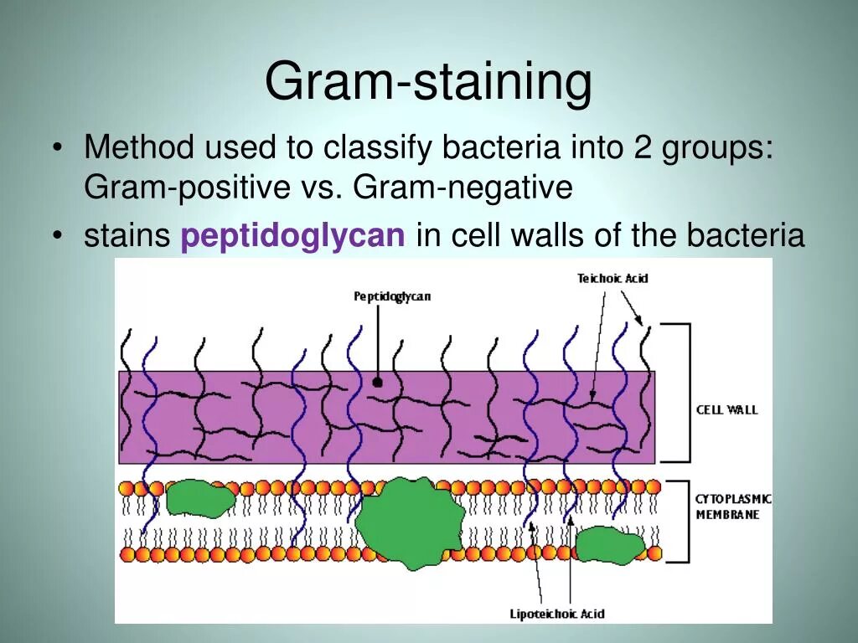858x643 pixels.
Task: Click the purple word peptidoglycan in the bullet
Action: click(x=292, y=236)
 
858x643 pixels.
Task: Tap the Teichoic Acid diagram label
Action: click(x=612, y=278)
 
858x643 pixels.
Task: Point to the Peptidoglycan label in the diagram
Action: click(x=392, y=296)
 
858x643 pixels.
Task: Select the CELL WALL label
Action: click(x=726, y=409)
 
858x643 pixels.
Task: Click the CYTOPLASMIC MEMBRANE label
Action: click(x=732, y=507)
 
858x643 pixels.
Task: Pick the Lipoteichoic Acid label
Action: click(x=557, y=614)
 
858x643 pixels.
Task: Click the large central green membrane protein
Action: click(x=409, y=522)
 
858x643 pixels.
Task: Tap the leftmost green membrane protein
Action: click(x=200, y=499)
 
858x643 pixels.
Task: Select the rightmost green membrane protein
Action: click(x=609, y=545)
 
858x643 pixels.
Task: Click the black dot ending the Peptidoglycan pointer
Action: click(x=377, y=382)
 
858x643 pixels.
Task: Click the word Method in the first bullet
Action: click(x=138, y=149)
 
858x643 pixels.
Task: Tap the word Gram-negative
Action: click(x=463, y=188)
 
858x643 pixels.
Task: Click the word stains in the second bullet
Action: click(x=127, y=236)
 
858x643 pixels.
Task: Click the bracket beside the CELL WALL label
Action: click(x=684, y=393)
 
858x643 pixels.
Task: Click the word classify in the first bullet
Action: click(x=378, y=149)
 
